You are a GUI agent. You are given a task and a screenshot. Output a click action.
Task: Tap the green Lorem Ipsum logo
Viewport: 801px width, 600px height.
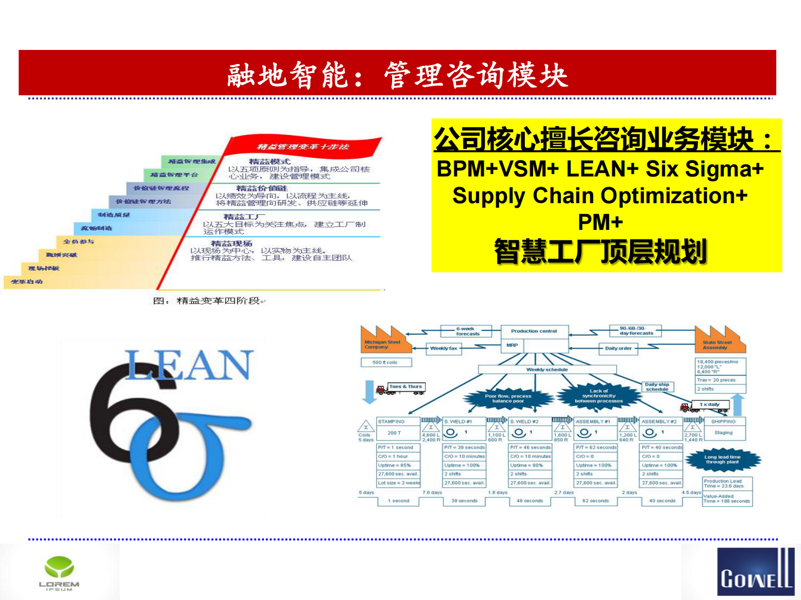pyautogui.click(x=59, y=572)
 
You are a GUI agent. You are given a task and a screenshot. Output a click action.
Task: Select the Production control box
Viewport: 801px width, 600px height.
pyautogui.click(x=534, y=331)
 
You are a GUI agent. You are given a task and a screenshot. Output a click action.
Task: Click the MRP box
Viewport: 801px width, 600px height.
pyautogui.click(x=512, y=345)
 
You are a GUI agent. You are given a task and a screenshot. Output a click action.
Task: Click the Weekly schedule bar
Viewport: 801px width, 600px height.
pyautogui.click(x=547, y=370)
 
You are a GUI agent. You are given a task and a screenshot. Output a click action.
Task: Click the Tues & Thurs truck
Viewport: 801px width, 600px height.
pyautogui.click(x=401, y=388)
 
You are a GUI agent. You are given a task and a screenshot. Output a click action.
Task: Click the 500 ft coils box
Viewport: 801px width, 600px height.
pyautogui.click(x=386, y=363)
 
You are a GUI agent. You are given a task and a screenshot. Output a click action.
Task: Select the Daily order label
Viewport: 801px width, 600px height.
pyautogui.click(x=618, y=348)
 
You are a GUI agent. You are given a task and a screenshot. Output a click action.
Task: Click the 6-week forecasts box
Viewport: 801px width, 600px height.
pyautogui.click(x=467, y=331)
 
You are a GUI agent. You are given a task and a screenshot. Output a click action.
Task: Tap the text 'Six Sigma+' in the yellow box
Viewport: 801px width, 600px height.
pyautogui.click(x=705, y=169)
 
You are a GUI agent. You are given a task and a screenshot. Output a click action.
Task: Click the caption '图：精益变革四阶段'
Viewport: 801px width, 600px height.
pyautogui.click(x=209, y=301)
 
